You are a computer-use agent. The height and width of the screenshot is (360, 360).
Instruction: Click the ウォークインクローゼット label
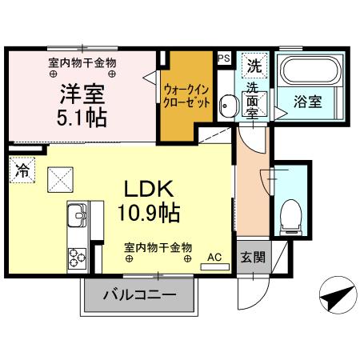point(187,98)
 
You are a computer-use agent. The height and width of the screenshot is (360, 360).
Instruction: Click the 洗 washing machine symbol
point(254,64)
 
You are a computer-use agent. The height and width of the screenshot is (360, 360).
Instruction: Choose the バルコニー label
point(139,296)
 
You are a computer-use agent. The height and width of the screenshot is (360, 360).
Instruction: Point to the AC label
point(214,257)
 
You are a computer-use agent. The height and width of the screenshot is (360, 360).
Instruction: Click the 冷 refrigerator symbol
point(22,170)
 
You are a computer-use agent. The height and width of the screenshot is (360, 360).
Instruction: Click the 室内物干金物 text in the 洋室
point(82,62)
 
